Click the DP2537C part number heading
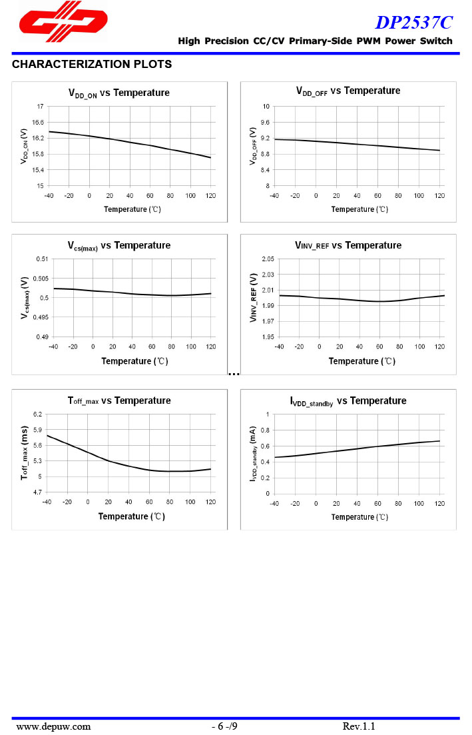413,23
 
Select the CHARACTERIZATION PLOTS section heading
92,65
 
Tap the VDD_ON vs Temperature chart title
119,93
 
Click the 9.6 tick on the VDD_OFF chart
265,123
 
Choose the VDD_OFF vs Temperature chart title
348,91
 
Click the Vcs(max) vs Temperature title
118,246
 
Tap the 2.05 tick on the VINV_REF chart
268,259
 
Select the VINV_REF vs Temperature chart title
348,245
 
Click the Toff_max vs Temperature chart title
119,400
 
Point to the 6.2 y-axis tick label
37,414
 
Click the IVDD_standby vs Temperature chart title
348,401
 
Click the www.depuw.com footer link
53,726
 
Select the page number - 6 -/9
224,726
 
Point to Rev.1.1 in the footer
359,726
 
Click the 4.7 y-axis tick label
37,493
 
